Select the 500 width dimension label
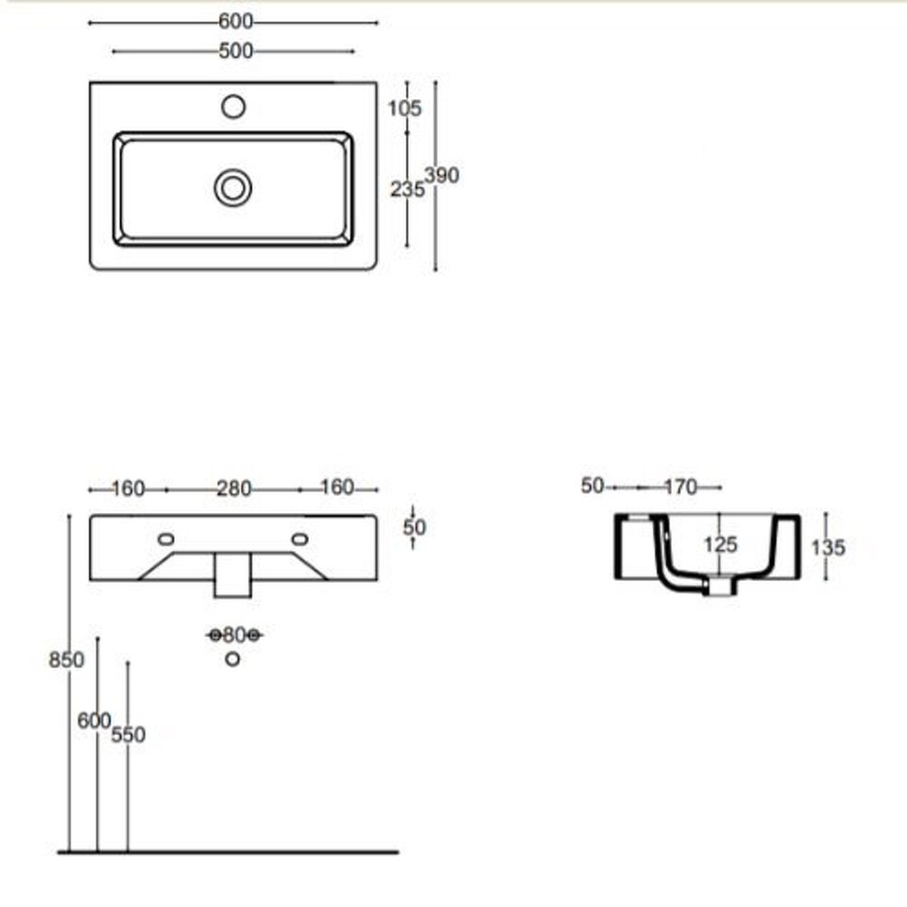(236, 51)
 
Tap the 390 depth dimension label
(442, 176)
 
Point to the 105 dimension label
(404, 108)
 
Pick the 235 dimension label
(407, 189)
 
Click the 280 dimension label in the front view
(233, 489)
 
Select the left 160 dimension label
(128, 489)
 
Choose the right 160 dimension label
(337, 488)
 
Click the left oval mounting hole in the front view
(166, 539)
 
